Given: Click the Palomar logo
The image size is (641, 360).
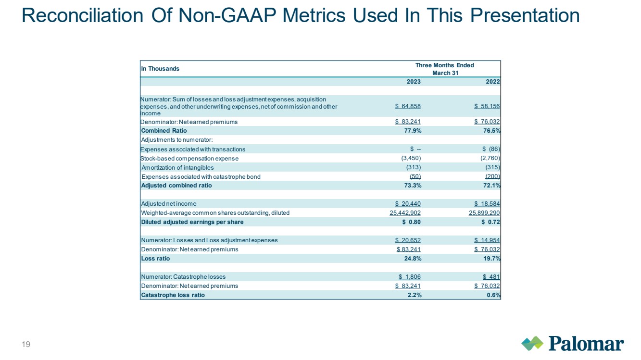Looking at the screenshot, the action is click(572, 343).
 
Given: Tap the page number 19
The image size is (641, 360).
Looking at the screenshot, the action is click(26, 344).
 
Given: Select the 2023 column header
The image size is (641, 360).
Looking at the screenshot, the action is click(414, 82).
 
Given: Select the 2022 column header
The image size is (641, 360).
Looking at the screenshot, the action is click(493, 82).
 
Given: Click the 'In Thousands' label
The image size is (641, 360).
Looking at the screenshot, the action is click(160, 69).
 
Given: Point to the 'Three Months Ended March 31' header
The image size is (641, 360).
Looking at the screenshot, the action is click(445, 69).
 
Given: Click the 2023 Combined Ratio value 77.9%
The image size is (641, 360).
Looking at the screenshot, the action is click(413, 131).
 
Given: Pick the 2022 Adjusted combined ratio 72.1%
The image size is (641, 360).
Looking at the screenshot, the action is click(492, 186).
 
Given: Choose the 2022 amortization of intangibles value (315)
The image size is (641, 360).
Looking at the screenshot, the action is click(492, 167).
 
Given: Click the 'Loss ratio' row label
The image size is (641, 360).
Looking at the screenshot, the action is click(155, 259).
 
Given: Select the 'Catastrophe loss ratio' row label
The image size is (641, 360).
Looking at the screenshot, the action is click(173, 295).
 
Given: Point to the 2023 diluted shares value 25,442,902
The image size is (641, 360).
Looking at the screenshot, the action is click(405, 213).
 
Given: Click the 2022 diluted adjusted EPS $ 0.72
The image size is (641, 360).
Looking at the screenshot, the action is click(491, 222).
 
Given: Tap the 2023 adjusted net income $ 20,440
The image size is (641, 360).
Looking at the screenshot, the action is click(408, 204).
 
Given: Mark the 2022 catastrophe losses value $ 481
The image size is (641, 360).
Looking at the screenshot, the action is click(491, 277).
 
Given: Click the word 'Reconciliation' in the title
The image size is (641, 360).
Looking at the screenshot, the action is click(82, 15).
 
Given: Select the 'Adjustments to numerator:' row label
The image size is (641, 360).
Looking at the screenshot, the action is click(177, 140).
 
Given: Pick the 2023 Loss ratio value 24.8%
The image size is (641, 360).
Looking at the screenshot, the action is click(413, 259).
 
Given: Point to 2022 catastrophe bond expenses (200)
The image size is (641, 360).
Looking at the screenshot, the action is click(492, 176).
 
